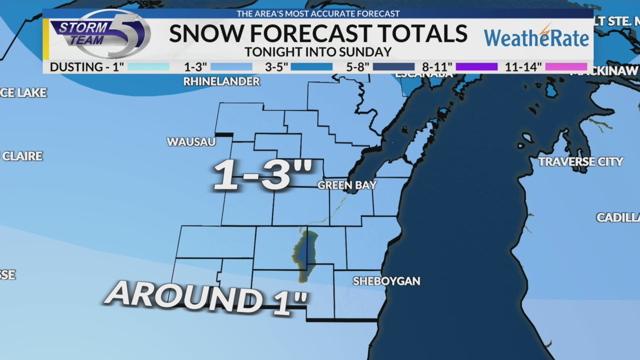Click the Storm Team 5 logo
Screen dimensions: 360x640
point(100,34)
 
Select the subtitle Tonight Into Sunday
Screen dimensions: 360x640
point(318,52)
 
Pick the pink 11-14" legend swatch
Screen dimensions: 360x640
point(566,66)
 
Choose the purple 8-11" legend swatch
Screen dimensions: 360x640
point(476,66)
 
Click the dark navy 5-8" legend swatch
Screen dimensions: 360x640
point(393,66)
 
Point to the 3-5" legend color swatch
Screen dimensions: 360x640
point(311,66)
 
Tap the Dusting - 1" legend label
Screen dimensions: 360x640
point(86,66)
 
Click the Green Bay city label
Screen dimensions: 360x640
point(347,185)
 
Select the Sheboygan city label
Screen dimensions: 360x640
point(386,281)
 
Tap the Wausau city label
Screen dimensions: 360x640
point(191,142)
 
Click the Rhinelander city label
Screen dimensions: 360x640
point(221,81)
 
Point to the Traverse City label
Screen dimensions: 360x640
point(580,161)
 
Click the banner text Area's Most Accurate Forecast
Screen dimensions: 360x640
point(318,13)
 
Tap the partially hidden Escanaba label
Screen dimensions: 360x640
point(423,75)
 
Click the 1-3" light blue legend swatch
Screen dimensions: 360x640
point(231,66)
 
